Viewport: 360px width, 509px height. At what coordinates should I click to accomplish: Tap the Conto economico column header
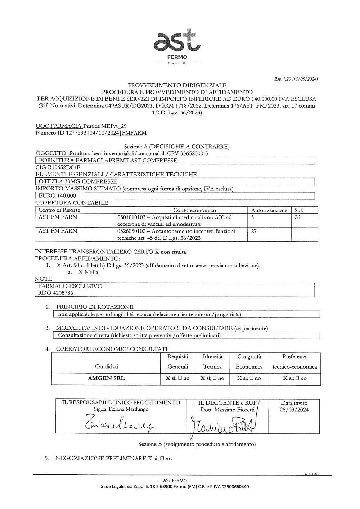(194, 210)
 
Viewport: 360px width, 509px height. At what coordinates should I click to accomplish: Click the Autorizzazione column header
(269, 210)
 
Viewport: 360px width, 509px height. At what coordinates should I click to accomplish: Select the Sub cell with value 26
(297, 217)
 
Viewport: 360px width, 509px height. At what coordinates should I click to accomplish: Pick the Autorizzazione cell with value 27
(254, 231)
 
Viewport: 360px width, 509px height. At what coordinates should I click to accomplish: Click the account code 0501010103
(132, 217)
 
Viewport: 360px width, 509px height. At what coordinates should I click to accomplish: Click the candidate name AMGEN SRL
(107, 378)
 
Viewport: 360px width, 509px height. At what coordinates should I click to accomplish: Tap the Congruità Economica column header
(249, 361)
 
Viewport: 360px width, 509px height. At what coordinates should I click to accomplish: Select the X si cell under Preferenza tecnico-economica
(294, 378)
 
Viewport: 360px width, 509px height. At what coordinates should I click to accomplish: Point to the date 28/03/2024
(294, 410)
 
